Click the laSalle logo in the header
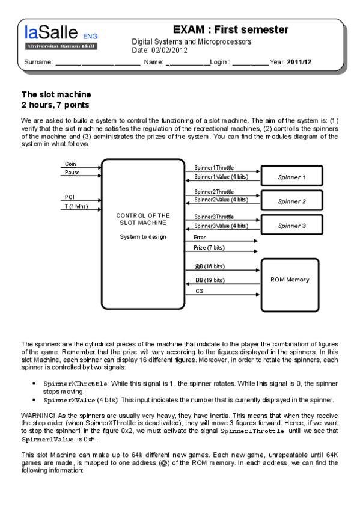tap(61, 37)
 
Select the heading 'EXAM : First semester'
tap(231, 29)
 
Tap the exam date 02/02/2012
tap(169, 50)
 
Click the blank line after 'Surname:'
tap(98, 64)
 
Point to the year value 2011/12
tap(299, 62)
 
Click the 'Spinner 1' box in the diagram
tap(291, 176)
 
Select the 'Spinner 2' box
tap(291, 200)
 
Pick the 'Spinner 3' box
tap(291, 224)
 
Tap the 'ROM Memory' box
tap(290, 285)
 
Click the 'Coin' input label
tap(70, 164)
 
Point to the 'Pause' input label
tap(72, 173)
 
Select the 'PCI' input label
tap(70, 197)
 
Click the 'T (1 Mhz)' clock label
tap(76, 206)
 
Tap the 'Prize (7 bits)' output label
tap(209, 248)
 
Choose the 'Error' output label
tap(200, 238)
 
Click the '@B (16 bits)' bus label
tap(209, 266)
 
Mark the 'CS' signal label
tap(199, 290)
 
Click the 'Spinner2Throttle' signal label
tap(214, 192)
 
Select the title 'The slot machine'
tap(56, 94)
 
